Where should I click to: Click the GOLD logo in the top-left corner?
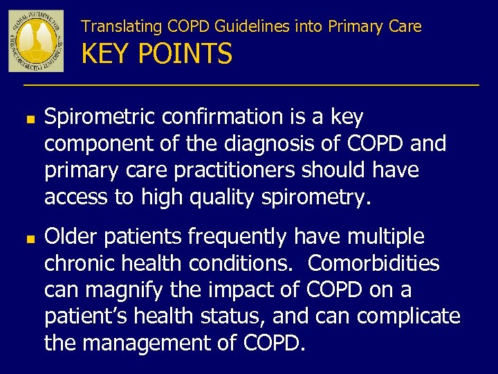(x=36, y=41)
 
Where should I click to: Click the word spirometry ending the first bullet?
(x=315, y=198)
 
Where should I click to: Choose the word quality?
(x=222, y=198)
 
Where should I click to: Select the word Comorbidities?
(x=373, y=264)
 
